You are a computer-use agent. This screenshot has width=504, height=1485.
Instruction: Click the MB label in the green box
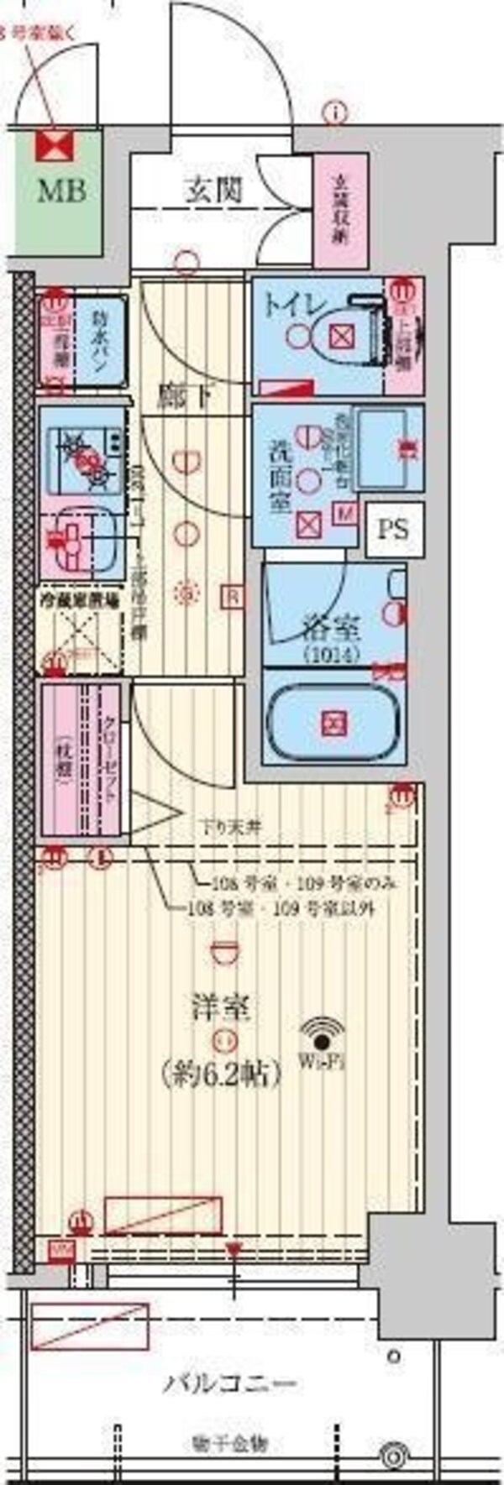[60, 191]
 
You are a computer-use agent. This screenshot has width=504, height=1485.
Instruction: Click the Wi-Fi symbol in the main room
[323, 1033]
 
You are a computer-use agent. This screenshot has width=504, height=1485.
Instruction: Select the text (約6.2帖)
[220, 1072]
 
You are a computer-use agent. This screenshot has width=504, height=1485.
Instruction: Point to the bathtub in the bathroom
[334, 722]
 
